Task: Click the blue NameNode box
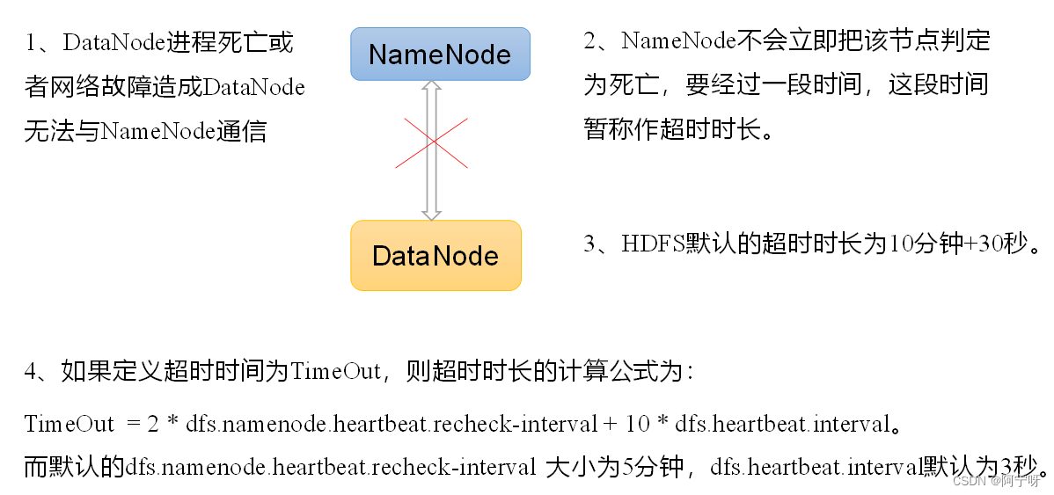click(440, 54)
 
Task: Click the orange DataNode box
click(436, 255)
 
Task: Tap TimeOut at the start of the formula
click(69, 424)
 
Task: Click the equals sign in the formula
click(134, 424)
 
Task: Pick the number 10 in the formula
click(636, 424)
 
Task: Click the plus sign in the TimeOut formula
click(610, 424)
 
